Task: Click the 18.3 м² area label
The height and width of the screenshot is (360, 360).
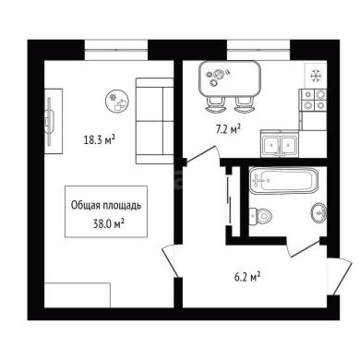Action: coord(100,140)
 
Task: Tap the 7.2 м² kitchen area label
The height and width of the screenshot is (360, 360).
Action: coord(228,129)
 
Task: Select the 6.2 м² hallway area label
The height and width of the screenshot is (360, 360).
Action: coord(247,277)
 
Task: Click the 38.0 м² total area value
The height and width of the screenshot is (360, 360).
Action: coord(109,223)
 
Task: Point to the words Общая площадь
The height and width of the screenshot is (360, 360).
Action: coord(106,205)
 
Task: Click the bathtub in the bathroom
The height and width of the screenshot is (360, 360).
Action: coord(282,180)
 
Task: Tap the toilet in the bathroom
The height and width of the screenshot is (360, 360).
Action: coord(260,215)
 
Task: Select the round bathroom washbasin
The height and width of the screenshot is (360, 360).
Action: coord(318,213)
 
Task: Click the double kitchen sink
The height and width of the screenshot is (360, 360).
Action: coord(280,143)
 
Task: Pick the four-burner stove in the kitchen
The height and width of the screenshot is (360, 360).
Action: coord(314,100)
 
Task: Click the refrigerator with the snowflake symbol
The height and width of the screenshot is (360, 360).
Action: coord(316,76)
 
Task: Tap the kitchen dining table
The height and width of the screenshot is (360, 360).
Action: coord(230,78)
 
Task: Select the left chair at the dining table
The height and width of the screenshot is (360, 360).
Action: coord(215,104)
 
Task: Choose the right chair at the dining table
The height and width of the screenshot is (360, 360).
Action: coord(245,104)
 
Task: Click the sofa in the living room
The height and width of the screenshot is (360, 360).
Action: coord(154,121)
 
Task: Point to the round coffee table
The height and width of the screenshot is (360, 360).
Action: coord(117,102)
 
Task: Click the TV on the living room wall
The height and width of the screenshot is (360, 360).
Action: coord(49,121)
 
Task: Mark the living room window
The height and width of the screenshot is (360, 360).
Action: coord(116,50)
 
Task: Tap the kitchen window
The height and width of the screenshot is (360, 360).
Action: coord(258,50)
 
